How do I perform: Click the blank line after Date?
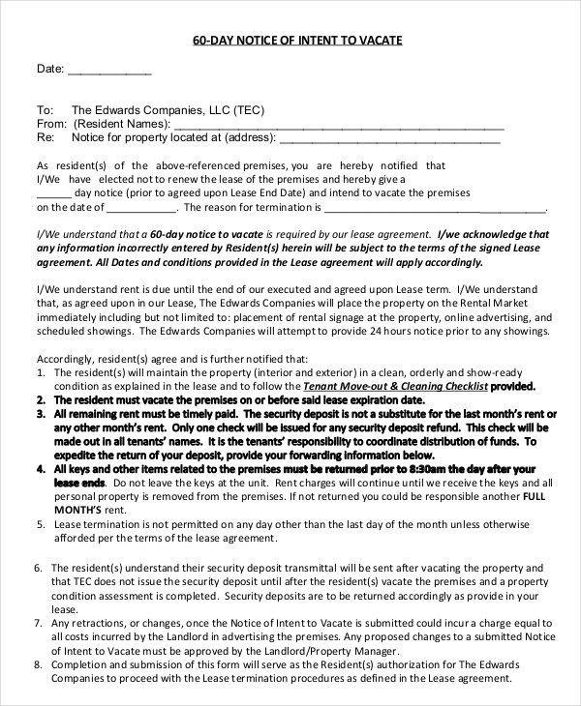(x=108, y=72)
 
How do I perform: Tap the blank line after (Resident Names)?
(x=339, y=125)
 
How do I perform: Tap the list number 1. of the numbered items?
(x=41, y=372)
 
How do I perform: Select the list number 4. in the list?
(x=41, y=468)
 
